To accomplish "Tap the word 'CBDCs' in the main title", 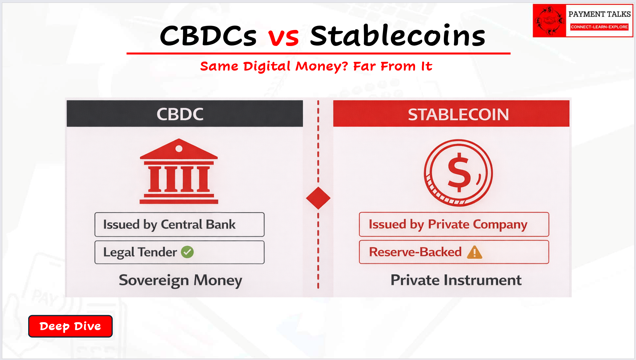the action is pos(208,36).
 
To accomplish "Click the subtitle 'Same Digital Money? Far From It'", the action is pos(316,66).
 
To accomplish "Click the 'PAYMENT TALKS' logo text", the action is pos(599,14).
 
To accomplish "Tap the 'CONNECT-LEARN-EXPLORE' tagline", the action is pos(599,27).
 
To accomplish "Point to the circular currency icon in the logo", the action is pos(549,21).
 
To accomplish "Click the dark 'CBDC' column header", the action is pos(185,114).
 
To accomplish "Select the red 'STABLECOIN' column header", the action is pos(451,114).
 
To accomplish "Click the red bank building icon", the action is pos(179,171).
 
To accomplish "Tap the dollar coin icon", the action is pos(458,173).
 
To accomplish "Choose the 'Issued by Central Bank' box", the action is pos(179,224).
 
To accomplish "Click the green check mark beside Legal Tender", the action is pos(187,252).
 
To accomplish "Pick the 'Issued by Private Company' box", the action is pos(454,224).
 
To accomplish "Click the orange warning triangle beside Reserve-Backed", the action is pos(475,252).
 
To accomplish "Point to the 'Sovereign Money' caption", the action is pos(181,281).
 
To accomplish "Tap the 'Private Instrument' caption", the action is pos(456,280).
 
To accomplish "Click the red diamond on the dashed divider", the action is pos(318,198).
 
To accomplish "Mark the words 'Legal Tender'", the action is pos(140,252).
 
